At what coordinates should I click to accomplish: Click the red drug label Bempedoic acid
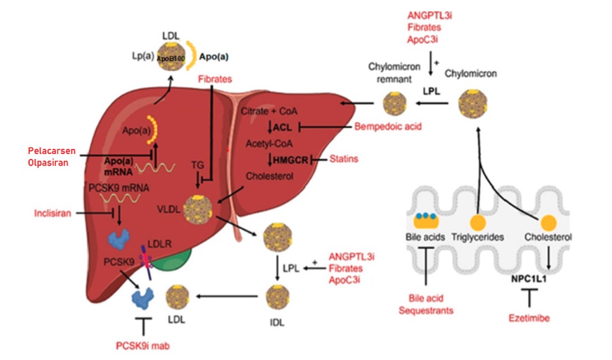pos(387,127)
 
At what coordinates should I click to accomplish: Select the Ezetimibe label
pos(529,317)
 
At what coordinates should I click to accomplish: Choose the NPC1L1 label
pos(529,278)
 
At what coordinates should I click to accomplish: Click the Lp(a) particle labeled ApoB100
pos(170,55)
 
